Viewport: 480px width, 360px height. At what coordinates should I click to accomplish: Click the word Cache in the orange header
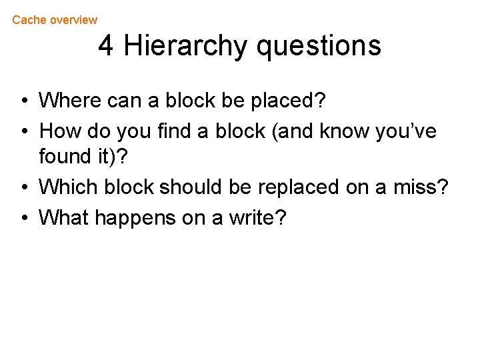29,20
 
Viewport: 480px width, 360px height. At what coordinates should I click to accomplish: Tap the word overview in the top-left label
73,20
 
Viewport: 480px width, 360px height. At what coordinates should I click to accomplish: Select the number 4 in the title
106,46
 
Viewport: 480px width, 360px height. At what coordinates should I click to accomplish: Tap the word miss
421,187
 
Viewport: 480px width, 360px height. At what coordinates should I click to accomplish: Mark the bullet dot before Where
23,102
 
